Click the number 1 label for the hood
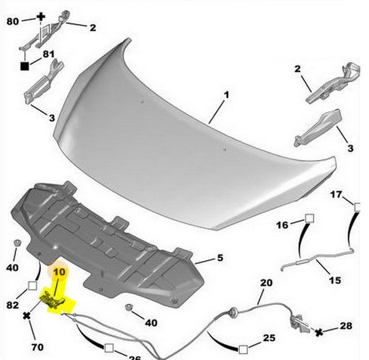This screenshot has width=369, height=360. (x=226, y=95)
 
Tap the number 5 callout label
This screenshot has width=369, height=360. (x=220, y=258)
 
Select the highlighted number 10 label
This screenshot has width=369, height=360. (x=59, y=272)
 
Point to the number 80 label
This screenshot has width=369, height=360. (x=12, y=22)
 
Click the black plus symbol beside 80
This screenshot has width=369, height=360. (x=41, y=17)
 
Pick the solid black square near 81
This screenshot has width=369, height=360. (x=25, y=66)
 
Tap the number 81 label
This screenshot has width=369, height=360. (x=49, y=54)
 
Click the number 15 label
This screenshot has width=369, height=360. (x=335, y=280)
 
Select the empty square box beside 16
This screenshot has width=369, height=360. (x=309, y=218)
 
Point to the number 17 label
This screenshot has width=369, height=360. (x=336, y=194)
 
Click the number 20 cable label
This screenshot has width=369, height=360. (x=266, y=282)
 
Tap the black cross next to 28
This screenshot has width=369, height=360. (x=319, y=332)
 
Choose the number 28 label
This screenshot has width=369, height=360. (x=346, y=326)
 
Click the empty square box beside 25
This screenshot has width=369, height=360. (x=243, y=350)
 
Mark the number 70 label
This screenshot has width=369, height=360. (x=38, y=347)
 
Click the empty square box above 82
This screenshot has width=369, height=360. (x=33, y=286)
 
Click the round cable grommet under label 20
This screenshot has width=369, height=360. (x=234, y=313)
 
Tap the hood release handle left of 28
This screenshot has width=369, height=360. (x=299, y=322)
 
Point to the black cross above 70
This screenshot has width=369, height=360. (x=27, y=316)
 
